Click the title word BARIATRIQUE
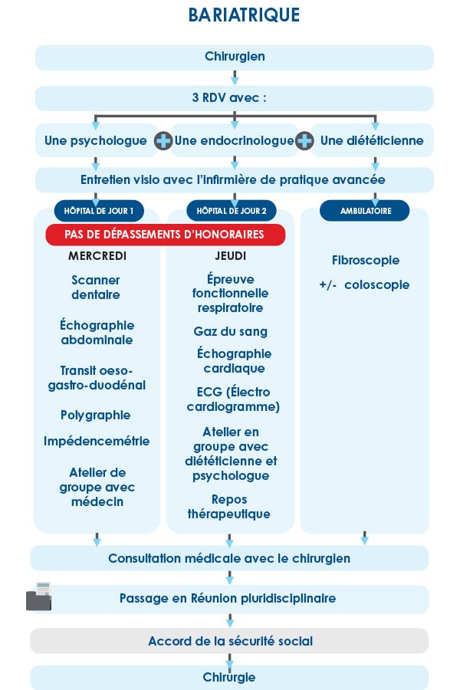tap(244, 15)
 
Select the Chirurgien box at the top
tap(235, 57)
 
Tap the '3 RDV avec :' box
tap(235, 98)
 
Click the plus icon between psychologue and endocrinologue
tap(163, 141)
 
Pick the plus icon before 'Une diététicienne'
tap(305, 141)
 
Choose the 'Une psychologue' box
tap(96, 141)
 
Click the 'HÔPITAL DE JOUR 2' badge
tap(232, 210)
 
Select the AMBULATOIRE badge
tap(364, 210)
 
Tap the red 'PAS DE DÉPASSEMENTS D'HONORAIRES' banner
tap(166, 235)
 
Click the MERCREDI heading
tap(97, 255)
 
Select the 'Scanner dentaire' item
tap(96, 287)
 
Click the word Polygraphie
tap(96, 416)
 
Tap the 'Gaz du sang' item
tap(231, 332)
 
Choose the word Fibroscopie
tap(366, 261)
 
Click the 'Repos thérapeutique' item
tap(229, 508)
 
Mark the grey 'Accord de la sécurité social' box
tap(230, 641)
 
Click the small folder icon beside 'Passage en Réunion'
tap(38, 596)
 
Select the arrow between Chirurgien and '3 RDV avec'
tap(235, 77)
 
